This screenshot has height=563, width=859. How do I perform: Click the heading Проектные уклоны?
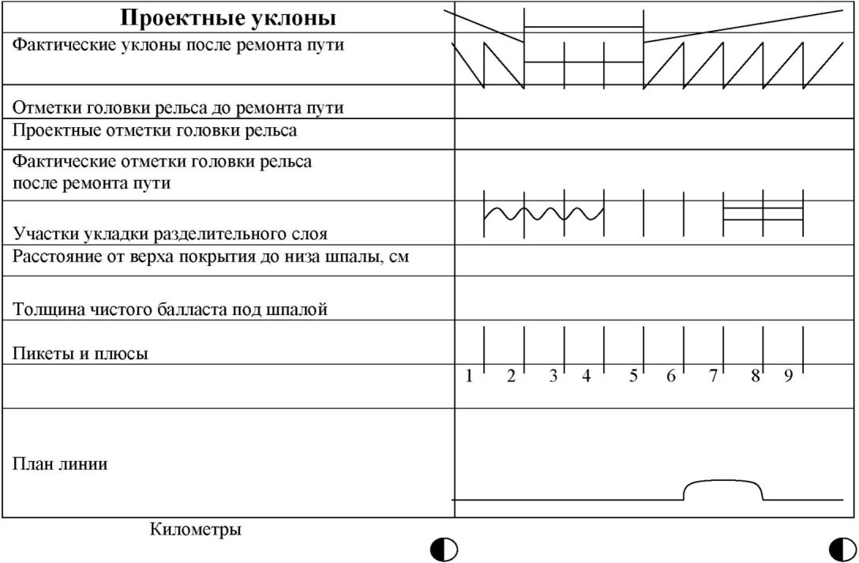tap(227, 18)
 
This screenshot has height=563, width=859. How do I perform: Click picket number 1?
tap(469, 377)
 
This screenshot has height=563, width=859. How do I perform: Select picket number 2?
tap(511, 377)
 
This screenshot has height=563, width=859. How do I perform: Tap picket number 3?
tap(553, 377)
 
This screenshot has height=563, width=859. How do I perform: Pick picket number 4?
tap(587, 377)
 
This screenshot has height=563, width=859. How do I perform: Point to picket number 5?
tap(633, 377)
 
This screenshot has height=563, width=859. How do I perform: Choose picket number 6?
tap(671, 377)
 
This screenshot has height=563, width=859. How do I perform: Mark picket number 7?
tap(712, 377)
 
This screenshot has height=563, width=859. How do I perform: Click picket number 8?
tap(755, 377)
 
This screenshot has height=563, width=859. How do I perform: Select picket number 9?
tap(788, 377)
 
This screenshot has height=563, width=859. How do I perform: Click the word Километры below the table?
tap(196, 529)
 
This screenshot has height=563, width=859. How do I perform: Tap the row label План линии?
tap(60, 464)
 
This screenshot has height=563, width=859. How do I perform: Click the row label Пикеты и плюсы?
tap(81, 354)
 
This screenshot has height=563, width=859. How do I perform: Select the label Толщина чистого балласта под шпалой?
tap(170, 310)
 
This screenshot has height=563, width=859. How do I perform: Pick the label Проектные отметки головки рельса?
tap(155, 130)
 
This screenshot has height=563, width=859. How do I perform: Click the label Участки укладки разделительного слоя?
tap(170, 235)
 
